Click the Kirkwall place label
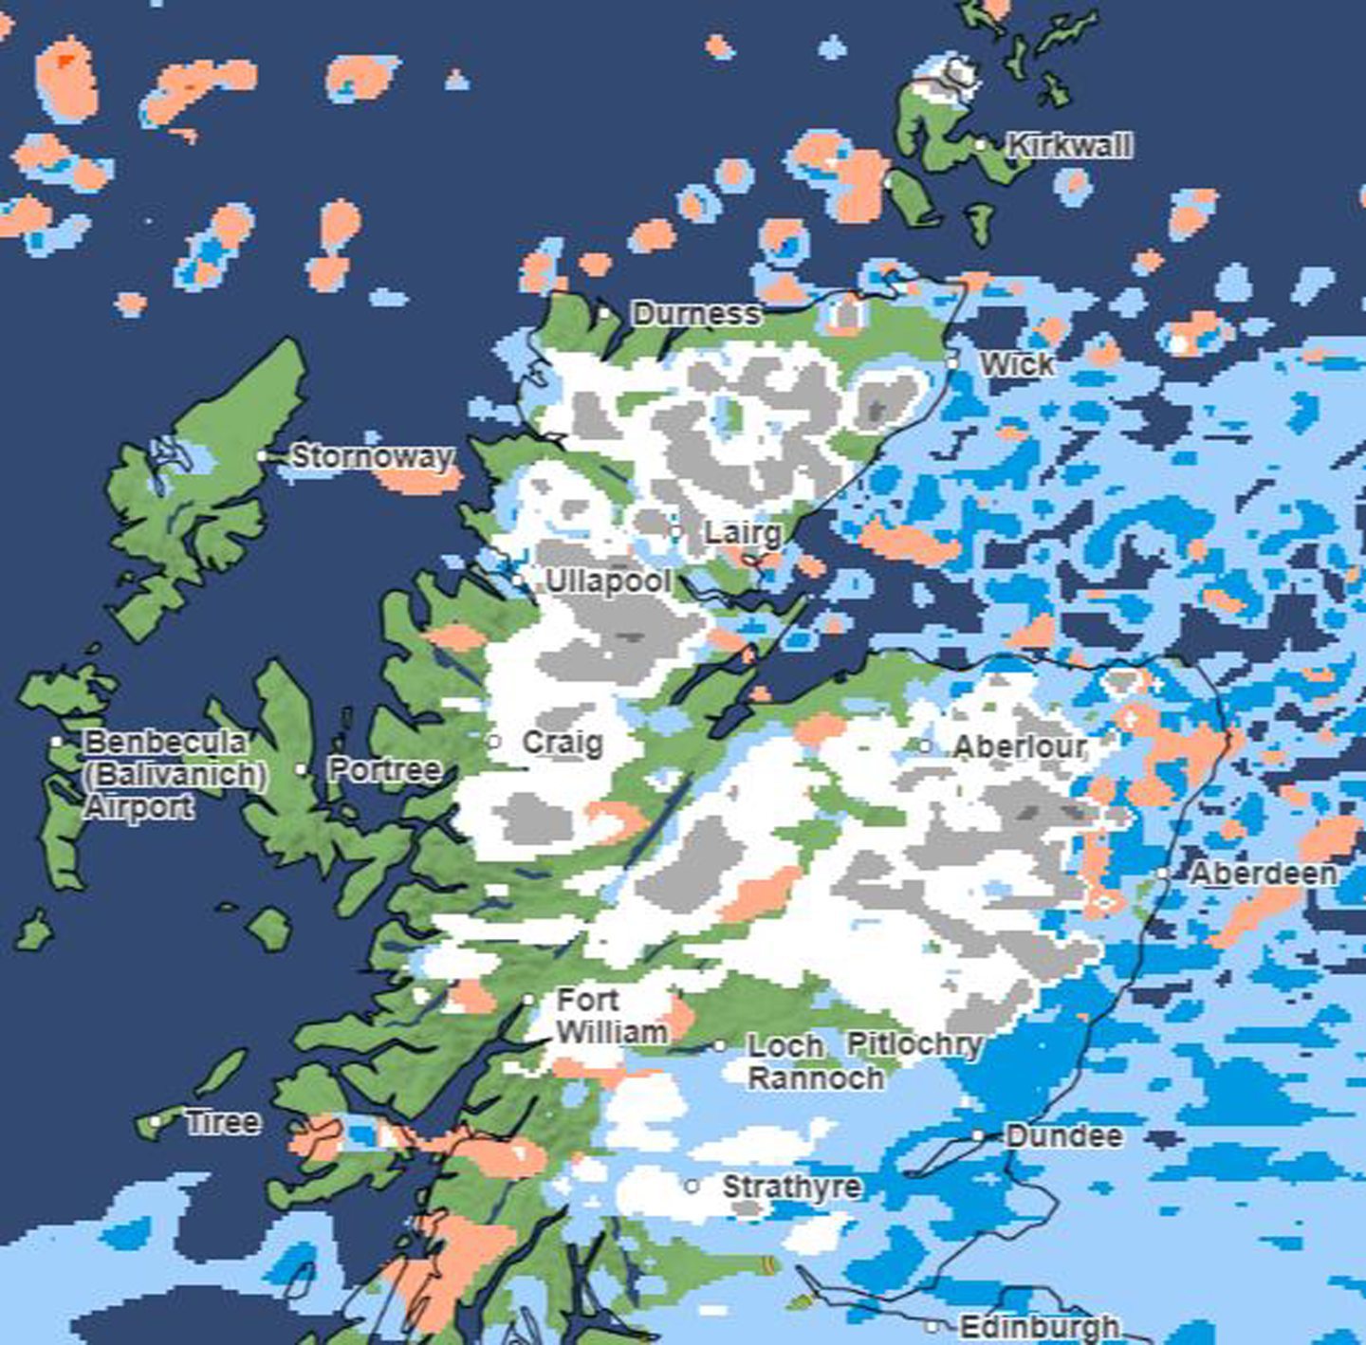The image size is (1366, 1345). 1069,146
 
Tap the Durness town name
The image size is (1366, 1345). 696,314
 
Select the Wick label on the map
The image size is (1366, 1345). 1016,364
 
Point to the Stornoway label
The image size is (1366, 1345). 371,456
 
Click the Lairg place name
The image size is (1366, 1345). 743,533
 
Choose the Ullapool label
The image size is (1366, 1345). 608,581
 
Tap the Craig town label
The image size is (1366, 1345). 563,742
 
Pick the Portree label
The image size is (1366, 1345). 384,769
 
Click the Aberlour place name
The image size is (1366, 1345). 1019,747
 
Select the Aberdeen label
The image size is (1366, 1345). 1263,874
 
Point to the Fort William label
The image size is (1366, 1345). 611,1016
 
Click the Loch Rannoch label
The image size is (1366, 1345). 814,1062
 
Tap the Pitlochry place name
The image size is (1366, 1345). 914,1044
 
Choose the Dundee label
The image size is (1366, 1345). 1063,1136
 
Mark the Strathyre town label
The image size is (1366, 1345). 791,1187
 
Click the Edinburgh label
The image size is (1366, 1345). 1039,1326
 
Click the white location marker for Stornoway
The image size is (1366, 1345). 263,456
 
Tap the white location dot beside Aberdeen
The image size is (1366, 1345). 1162,874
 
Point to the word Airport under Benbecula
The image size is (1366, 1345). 139,807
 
